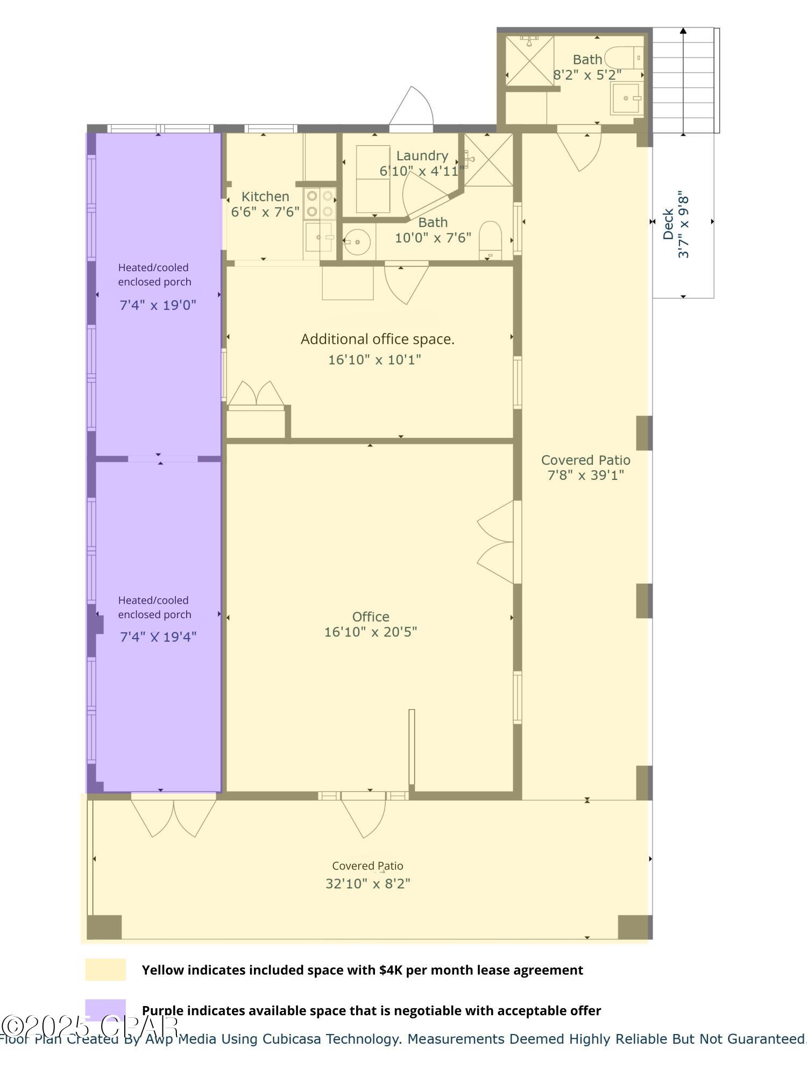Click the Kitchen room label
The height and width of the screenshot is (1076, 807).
[x=265, y=196]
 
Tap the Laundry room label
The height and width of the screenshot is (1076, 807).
[x=422, y=156]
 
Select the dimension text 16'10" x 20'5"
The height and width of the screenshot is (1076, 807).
[x=370, y=632]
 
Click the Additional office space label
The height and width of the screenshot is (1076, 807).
[x=377, y=339]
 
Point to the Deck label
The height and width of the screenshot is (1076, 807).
[x=668, y=224]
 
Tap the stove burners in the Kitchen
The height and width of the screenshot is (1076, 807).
[x=320, y=203]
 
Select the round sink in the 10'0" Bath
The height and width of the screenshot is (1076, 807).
[x=357, y=243]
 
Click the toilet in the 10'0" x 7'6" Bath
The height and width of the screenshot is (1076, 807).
[x=490, y=239]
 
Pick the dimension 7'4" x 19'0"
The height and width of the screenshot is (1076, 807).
[x=158, y=306]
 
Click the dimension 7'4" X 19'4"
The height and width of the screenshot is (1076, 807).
[x=158, y=638]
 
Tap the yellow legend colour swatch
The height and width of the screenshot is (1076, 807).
[x=105, y=969]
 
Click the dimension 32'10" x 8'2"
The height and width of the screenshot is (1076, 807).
[x=367, y=884]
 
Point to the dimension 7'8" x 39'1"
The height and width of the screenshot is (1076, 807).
[x=585, y=475]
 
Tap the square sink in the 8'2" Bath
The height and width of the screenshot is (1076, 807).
[x=625, y=98]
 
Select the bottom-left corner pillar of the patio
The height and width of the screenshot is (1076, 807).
[x=104, y=926]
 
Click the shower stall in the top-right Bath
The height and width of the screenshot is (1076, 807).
[x=529, y=60]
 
